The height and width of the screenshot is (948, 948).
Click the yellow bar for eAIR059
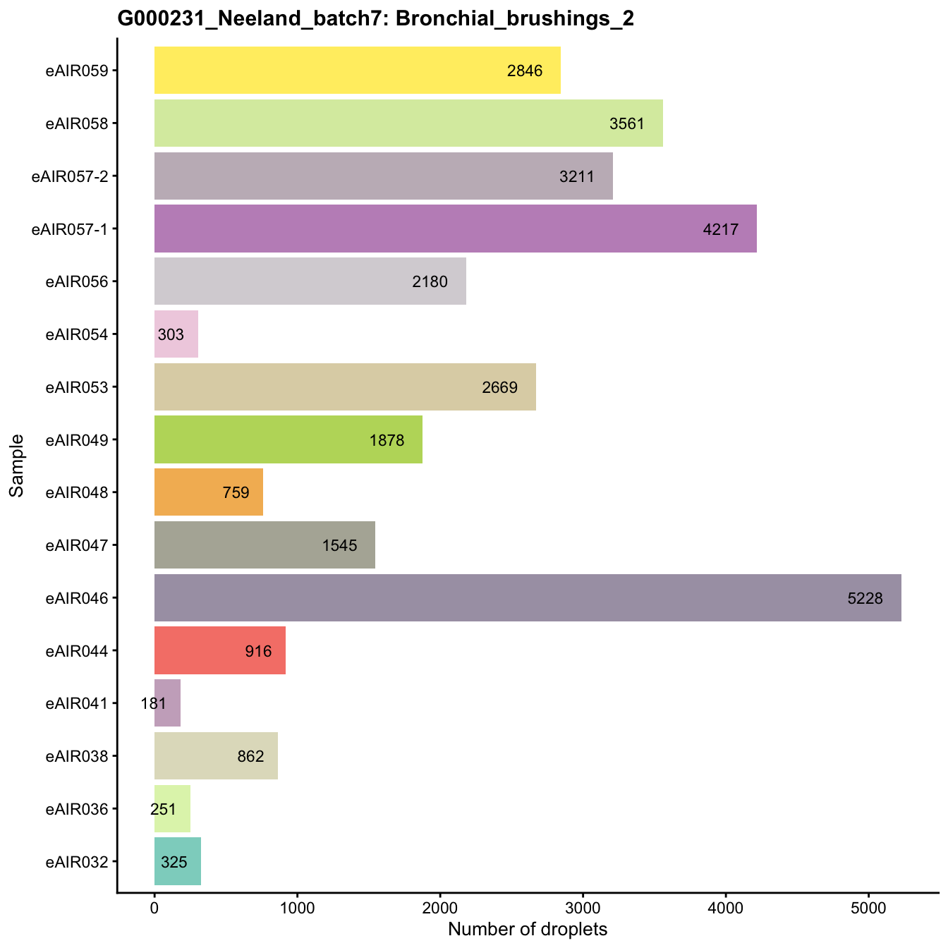pos(357,70)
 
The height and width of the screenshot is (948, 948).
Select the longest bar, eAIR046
pos(527,597)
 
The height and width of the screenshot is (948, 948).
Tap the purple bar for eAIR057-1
pos(455,229)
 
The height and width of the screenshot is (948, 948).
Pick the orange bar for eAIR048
pos(208,492)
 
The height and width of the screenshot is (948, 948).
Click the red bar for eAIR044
pos(219,650)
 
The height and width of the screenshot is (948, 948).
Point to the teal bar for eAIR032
pos(177,861)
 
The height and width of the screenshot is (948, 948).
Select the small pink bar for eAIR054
pos(176,334)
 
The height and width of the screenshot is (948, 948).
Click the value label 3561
pos(627,123)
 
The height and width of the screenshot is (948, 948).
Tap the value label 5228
pos(865,598)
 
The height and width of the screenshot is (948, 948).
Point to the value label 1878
pos(387,440)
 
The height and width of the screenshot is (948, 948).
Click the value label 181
pos(154,703)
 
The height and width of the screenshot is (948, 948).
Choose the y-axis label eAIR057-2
pos(70,176)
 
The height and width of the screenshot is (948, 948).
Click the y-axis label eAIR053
pos(77,387)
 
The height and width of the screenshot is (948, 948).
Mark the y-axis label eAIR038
pos(77,756)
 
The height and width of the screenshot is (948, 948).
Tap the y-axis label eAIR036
pos(77,809)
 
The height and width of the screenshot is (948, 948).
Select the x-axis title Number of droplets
pos(528,930)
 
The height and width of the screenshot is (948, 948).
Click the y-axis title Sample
pos(17,466)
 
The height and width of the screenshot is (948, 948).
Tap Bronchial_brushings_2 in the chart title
pos(515,19)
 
